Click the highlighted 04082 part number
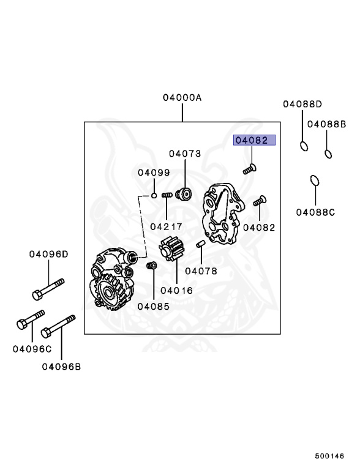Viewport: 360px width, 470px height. (255, 140)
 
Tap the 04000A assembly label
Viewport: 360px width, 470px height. (182, 97)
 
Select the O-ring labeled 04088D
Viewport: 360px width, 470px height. (304, 146)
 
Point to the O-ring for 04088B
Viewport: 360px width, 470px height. (328, 154)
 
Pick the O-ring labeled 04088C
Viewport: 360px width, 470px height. (315, 181)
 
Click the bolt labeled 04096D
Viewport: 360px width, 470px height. (48, 289)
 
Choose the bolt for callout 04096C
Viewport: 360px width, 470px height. (30, 319)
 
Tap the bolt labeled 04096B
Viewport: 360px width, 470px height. (58, 326)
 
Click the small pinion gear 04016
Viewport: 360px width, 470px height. (171, 248)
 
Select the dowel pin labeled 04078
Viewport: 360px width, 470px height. (200, 244)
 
